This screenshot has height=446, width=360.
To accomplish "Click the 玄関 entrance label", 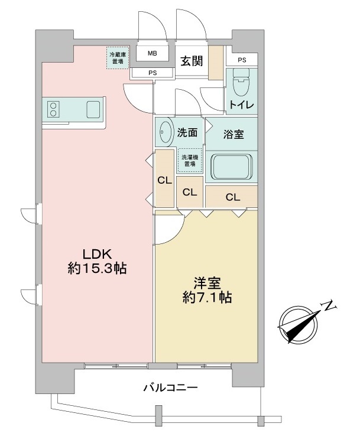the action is click(x=192, y=61).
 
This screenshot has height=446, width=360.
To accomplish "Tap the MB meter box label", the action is click(x=153, y=53).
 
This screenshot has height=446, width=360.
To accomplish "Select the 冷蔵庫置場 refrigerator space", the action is click(x=118, y=58).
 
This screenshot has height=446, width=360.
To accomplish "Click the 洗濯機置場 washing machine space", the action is click(x=190, y=161).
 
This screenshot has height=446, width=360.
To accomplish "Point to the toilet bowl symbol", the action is click(x=241, y=83).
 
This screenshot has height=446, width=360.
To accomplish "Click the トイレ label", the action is click(x=242, y=105).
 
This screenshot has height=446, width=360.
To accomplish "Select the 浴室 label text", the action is click(x=233, y=135).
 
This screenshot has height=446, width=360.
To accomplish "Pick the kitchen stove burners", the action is click(x=53, y=109).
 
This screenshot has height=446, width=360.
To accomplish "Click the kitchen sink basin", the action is click(x=93, y=109).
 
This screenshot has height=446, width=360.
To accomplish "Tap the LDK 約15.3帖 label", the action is click(x=97, y=261).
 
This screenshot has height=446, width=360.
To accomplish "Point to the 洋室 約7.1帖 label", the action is click(x=207, y=291).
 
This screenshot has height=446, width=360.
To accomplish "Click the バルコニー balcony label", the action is click(x=170, y=388).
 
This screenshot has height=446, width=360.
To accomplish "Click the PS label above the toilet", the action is click(x=242, y=60).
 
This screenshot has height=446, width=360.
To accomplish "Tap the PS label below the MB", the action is click(x=153, y=73).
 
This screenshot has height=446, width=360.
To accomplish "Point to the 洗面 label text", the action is click(x=187, y=132).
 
